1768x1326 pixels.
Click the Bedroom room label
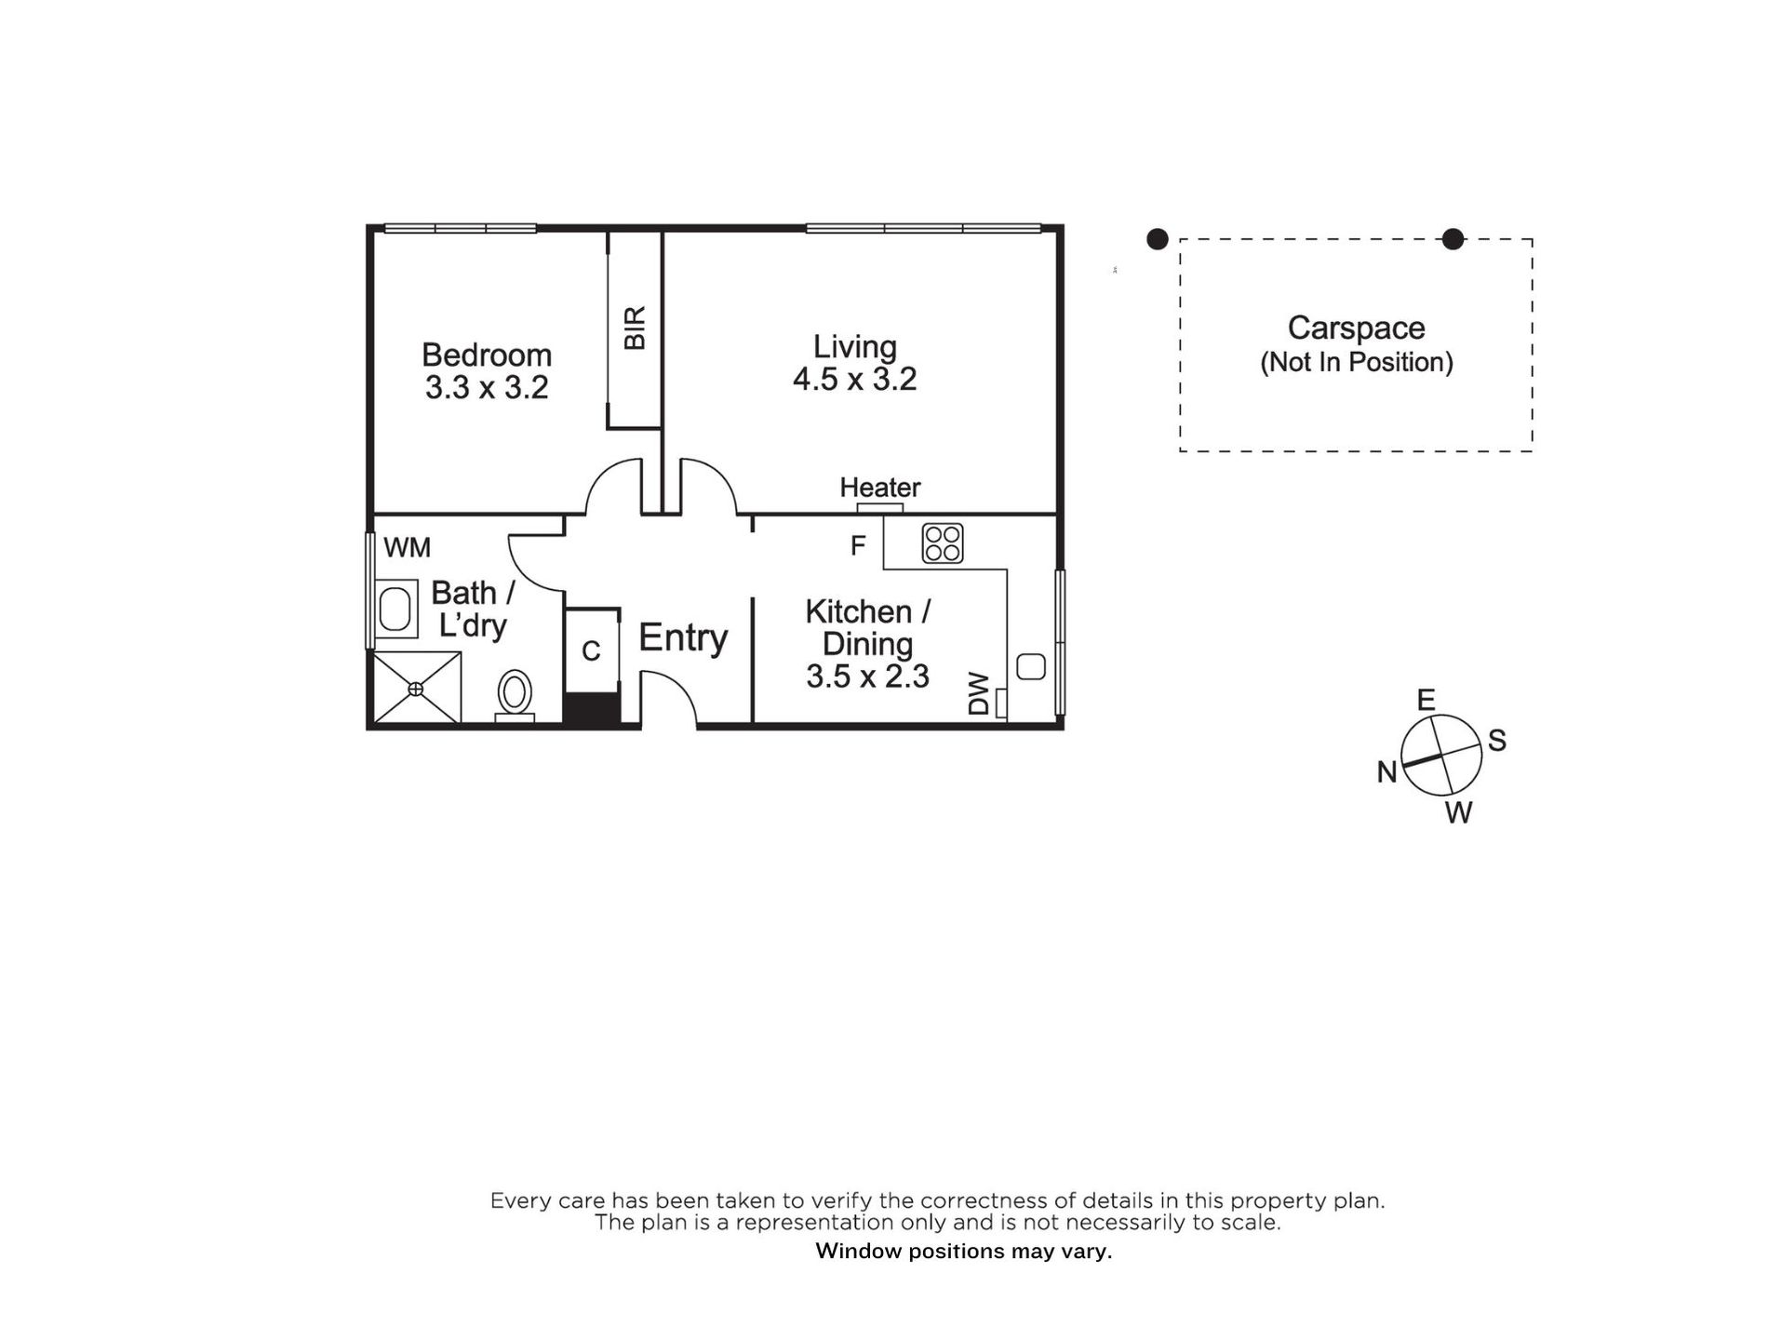[487, 355]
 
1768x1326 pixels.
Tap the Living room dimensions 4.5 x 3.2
[855, 379]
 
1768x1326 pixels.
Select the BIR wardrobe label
[635, 328]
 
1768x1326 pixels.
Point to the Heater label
[880, 487]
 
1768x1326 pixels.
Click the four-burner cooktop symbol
[943, 543]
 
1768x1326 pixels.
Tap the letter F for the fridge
[858, 545]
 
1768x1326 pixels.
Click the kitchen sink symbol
[1031, 667]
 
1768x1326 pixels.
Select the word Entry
[683, 638]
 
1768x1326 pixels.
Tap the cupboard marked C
[591, 650]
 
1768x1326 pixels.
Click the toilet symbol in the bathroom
[515, 696]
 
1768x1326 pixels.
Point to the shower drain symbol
[416, 689]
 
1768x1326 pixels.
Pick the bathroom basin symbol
[395, 609]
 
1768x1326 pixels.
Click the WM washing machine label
[407, 547]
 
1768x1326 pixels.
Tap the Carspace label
[1356, 328]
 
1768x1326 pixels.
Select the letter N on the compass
[1386, 771]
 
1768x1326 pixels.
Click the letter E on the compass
[1426, 700]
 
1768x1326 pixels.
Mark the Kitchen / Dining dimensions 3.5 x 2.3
[867, 676]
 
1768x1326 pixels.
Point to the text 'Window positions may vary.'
[964, 1252]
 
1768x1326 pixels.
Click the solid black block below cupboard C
[593, 709]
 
